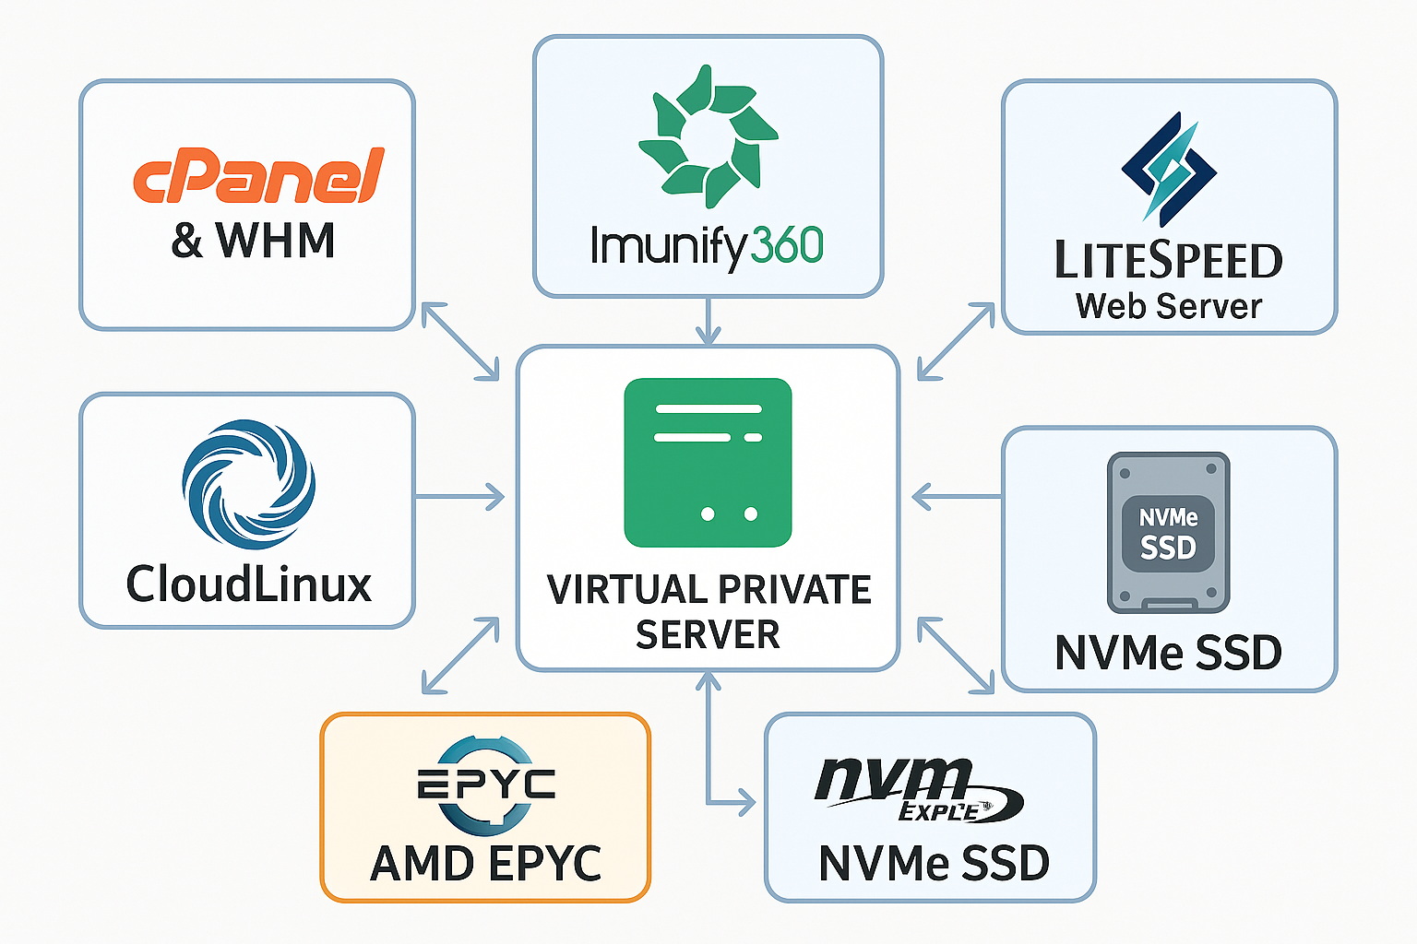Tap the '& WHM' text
(253, 242)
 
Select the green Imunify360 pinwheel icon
(708, 136)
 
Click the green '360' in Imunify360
(786, 246)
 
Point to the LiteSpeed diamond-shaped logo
(1169, 169)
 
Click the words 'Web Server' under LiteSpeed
(1169, 306)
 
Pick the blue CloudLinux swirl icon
(248, 484)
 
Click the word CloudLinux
(248, 584)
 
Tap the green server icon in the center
(708, 463)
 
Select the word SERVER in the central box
(708, 634)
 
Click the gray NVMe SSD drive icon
(1168, 532)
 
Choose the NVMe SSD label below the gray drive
(1168, 653)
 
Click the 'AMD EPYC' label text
(485, 864)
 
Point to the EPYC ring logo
(485, 785)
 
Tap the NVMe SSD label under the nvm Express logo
(934, 864)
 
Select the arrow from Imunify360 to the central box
(708, 321)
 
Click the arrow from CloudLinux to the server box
(459, 498)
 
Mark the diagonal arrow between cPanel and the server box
(459, 341)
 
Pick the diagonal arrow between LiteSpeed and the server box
(957, 341)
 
